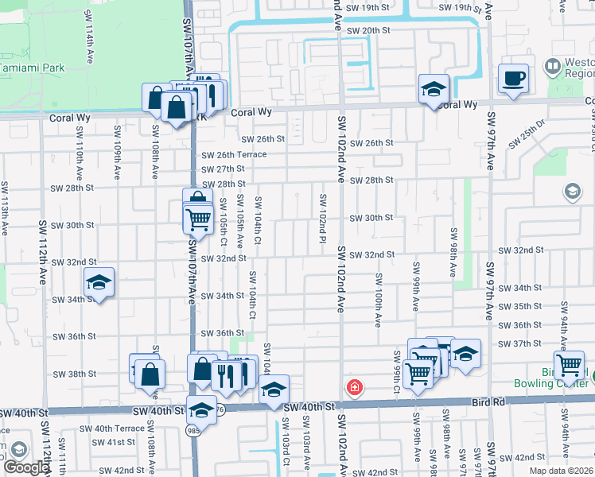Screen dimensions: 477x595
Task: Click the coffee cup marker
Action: coord(513,78)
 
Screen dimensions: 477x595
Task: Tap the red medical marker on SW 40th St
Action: coord(354,388)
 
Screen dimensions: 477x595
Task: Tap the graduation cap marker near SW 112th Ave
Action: coord(99,283)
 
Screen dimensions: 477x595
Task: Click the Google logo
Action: coord(25,467)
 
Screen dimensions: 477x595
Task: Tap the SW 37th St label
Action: coord(522,343)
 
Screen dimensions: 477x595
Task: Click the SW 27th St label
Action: coord(223,169)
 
